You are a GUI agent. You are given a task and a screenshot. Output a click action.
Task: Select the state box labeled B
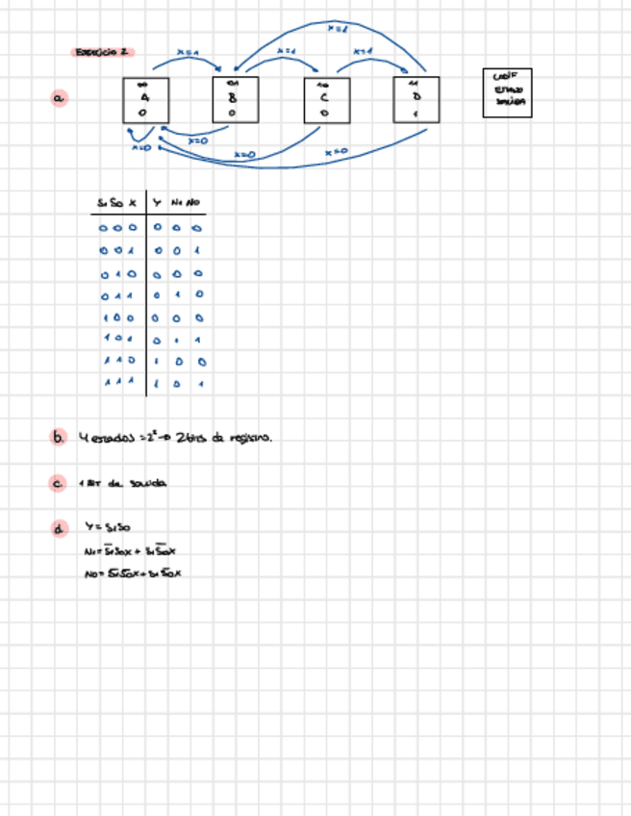pos(235,100)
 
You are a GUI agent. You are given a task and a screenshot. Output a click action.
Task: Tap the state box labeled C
pos(325,100)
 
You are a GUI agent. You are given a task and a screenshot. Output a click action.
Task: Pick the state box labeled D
pos(416,100)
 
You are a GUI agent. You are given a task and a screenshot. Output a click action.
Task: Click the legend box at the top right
pos(507,92)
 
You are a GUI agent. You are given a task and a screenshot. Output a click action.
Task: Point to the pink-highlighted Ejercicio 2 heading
pos(102,52)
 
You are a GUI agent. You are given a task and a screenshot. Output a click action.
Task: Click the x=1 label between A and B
pos(189,52)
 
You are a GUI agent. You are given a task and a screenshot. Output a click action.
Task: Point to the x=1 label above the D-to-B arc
pos(337,30)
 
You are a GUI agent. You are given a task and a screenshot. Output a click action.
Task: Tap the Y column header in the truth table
pos(157,203)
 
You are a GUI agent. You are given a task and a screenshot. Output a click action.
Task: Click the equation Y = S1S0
pos(108,528)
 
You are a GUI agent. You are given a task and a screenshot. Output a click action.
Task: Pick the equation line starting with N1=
pos(130,551)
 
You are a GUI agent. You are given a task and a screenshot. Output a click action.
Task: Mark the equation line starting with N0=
pos(133,574)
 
